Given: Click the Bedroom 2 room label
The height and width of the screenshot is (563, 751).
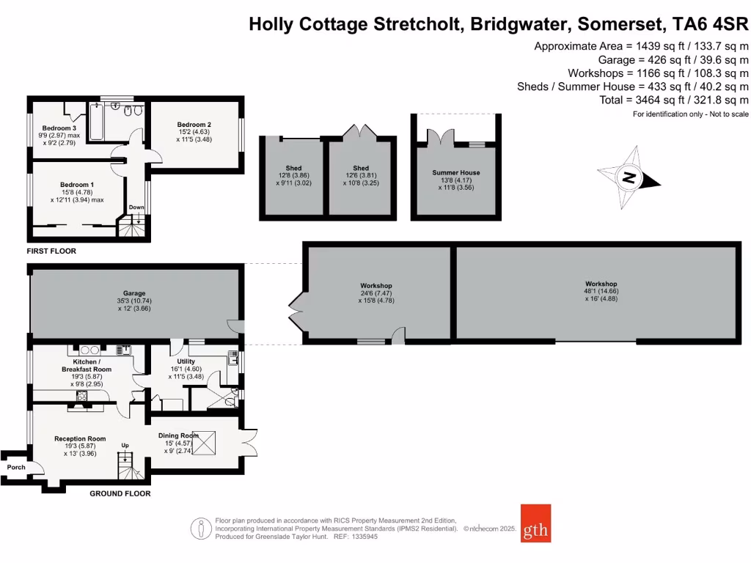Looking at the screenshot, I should coord(194,125).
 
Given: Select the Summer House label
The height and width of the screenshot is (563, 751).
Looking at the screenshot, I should coord(455,173).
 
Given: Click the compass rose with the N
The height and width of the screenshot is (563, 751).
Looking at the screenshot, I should coord(629,177).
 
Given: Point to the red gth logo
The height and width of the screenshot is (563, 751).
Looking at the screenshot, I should coord(535,523).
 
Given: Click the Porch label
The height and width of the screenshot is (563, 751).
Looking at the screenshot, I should coord(16,467).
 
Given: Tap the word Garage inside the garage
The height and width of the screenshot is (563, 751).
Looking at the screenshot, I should coord(133,291).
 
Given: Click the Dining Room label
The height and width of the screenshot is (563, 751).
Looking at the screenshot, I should coord(179,435).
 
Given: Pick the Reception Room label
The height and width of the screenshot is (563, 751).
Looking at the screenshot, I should coord(80,438).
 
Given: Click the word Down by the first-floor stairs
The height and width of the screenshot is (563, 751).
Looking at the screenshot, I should coord(136,207).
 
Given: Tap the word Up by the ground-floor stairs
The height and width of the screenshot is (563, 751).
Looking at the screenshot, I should coord(125,445).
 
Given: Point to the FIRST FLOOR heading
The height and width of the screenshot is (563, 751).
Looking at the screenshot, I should coord(51,251).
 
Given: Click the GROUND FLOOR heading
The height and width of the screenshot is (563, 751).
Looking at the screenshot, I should coord(120,493).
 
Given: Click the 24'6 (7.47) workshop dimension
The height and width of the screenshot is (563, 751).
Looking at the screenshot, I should coord(376,292).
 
